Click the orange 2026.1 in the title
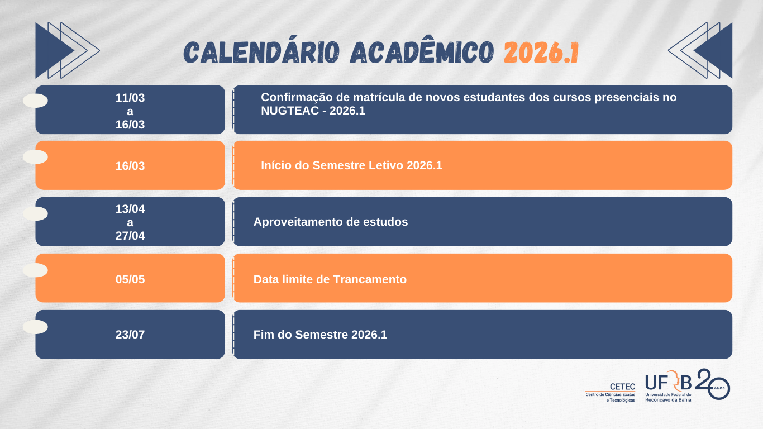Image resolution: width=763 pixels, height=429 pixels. (x=541, y=53)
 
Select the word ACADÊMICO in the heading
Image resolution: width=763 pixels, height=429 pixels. (x=422, y=53)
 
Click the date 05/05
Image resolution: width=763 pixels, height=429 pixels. (x=130, y=279)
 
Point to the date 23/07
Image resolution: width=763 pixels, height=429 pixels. (x=130, y=335)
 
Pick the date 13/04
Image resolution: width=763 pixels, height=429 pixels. (x=130, y=209)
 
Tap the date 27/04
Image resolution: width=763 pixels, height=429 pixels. (x=130, y=236)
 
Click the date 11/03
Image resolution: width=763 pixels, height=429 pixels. (x=130, y=98)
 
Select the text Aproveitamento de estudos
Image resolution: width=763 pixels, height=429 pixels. (x=331, y=222)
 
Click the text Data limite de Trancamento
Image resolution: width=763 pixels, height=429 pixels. (x=330, y=279)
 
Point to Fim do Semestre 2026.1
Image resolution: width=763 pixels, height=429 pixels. (x=320, y=335)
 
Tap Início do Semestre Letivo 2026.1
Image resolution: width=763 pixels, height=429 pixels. (x=351, y=165)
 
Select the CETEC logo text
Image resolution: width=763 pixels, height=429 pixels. (x=622, y=387)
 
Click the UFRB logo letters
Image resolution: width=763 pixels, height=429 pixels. (x=668, y=383)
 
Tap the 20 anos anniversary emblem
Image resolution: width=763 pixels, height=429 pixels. (x=713, y=384)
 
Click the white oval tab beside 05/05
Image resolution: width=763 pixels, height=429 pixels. (x=35, y=270)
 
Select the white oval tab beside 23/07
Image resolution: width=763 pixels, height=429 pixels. (x=35, y=327)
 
